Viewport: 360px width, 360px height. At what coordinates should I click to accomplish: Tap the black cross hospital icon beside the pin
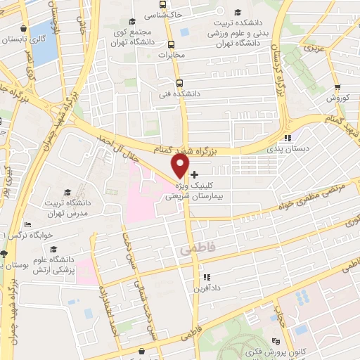[194, 174]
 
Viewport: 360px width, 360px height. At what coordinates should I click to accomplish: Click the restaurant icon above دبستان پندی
[287, 138]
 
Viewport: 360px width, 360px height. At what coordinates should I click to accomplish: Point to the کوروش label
[337, 98]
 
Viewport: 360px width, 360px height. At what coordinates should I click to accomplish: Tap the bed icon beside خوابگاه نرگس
[5, 253]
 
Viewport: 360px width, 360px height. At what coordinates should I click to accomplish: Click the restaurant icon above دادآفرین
[207, 276]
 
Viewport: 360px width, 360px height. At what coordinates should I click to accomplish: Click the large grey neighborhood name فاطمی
[195, 248]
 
